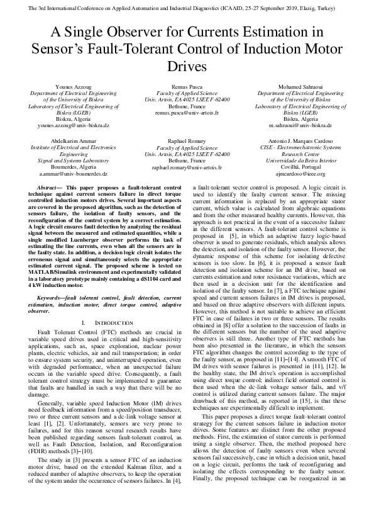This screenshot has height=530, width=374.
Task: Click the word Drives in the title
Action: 187,66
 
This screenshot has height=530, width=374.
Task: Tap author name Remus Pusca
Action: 187,86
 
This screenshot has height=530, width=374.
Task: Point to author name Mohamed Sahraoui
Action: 300,86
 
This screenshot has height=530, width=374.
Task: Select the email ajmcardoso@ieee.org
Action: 300,173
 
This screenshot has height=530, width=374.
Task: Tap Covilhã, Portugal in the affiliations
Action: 300,167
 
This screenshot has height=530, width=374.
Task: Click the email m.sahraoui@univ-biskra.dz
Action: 300,125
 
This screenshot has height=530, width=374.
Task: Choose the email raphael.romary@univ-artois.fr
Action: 187,167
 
